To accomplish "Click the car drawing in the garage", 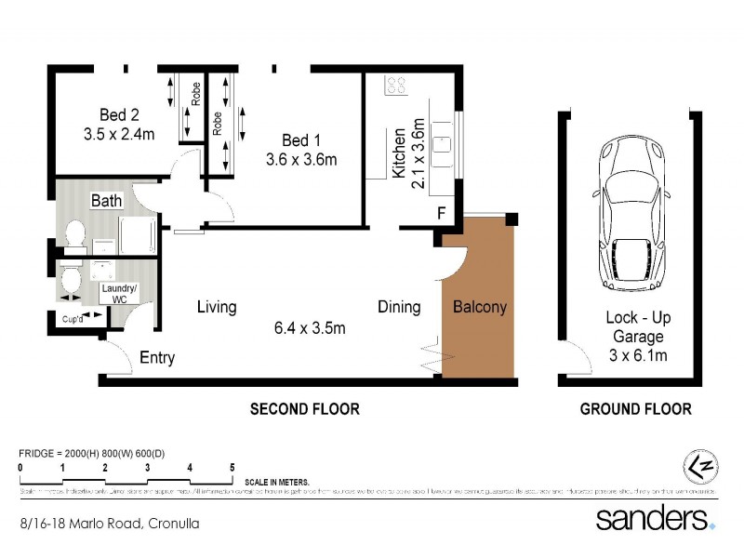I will click(x=631, y=214).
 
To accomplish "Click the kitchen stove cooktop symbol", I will click(x=394, y=86).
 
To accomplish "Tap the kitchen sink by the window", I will click(x=443, y=144).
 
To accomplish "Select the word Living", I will click(x=216, y=307).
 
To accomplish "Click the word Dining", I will click(x=398, y=307).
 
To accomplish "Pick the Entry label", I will click(x=157, y=358).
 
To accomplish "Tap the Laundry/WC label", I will click(x=119, y=295).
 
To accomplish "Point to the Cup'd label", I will click(x=75, y=319).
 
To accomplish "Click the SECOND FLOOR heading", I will click(x=303, y=409).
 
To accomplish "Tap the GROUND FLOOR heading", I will click(x=635, y=409).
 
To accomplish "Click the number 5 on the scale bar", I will click(x=232, y=468).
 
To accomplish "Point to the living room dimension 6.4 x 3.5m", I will click(x=310, y=327).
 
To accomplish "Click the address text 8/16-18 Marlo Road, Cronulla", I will click(x=110, y=524).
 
